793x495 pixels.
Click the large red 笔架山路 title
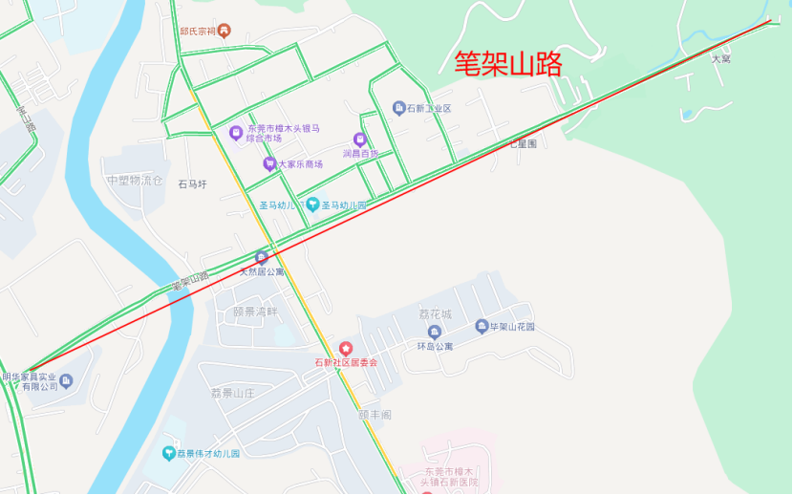(x=507, y=63)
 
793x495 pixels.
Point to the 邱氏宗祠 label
(x=198, y=31)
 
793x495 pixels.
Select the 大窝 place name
(x=720, y=59)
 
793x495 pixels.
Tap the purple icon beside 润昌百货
(x=360, y=140)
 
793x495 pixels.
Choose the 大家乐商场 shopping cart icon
(x=269, y=163)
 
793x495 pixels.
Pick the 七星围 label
(x=523, y=143)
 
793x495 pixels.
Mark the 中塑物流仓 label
(x=135, y=180)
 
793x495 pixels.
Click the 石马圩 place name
(x=192, y=184)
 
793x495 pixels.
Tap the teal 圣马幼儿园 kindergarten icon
(x=312, y=204)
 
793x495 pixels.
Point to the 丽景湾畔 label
(x=255, y=312)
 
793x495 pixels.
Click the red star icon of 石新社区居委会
(x=346, y=349)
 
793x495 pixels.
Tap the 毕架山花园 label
(x=512, y=327)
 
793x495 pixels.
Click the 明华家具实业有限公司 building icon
(x=66, y=381)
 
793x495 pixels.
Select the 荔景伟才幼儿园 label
(x=207, y=453)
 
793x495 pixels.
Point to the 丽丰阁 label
(x=375, y=415)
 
